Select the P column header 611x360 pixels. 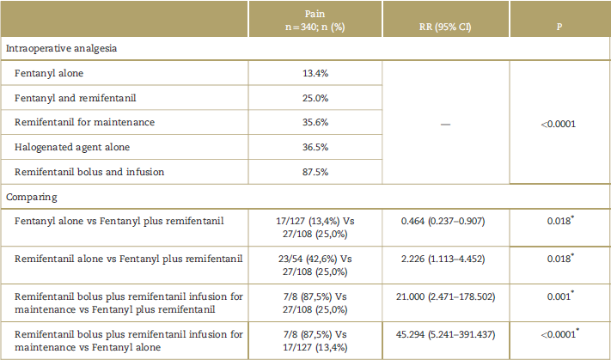click(x=559, y=27)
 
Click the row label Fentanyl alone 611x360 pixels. click(x=48, y=73)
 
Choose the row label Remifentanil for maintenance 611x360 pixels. click(x=84, y=122)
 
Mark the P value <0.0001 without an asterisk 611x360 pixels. click(x=559, y=124)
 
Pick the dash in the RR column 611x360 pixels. click(x=444, y=124)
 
